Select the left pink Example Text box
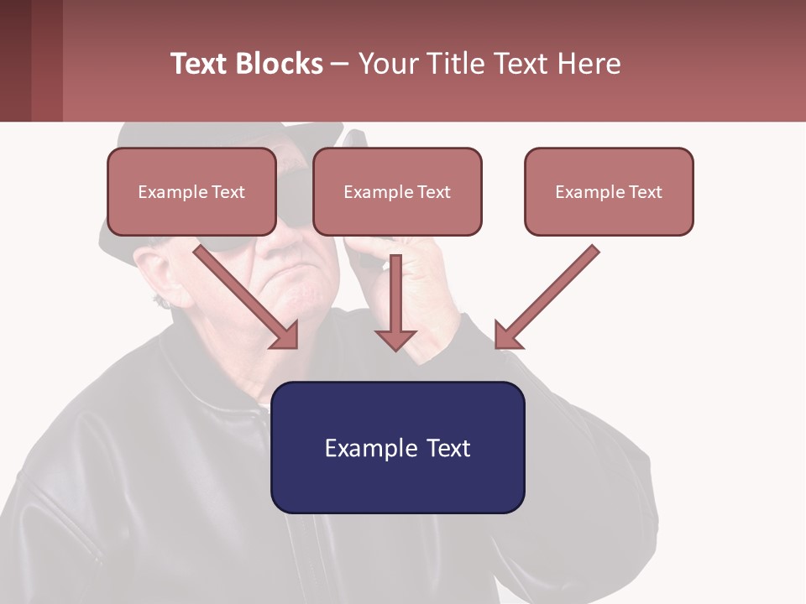pyautogui.click(x=191, y=192)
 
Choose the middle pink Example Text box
pyautogui.click(x=397, y=192)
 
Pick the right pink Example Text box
pyautogui.click(x=609, y=192)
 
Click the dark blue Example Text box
pyautogui.click(x=397, y=447)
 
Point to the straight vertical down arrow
pyautogui.click(x=395, y=302)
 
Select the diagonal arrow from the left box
pyautogui.click(x=248, y=297)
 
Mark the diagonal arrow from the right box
pyautogui.click(x=546, y=297)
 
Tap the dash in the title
pyautogui.click(x=340, y=64)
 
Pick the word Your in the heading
pyautogui.click(x=387, y=64)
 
